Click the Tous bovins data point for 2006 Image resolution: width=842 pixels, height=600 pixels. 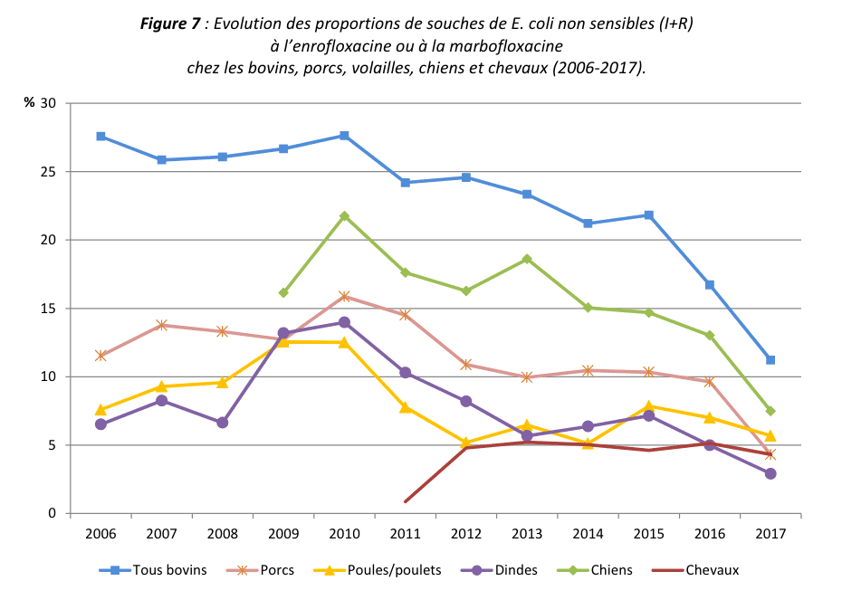[x=100, y=136]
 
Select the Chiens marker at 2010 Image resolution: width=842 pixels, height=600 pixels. [x=344, y=216]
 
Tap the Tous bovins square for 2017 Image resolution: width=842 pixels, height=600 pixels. [x=770, y=360]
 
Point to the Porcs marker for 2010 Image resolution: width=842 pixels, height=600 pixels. [x=344, y=296]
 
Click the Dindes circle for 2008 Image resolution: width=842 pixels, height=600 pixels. [x=223, y=423]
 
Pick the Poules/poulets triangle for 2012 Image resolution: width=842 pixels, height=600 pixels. [x=466, y=443]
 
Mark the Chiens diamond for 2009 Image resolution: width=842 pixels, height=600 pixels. [x=283, y=292]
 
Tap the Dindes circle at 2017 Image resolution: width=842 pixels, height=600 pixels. [x=770, y=473]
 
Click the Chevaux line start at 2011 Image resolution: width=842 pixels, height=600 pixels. [x=406, y=501]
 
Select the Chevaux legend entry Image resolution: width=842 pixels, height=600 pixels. [x=711, y=570]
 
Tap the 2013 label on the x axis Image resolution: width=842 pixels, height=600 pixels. [x=527, y=534]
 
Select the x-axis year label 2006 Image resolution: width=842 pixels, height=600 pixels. [x=100, y=534]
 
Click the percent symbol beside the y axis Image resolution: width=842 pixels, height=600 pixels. [x=29, y=103]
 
